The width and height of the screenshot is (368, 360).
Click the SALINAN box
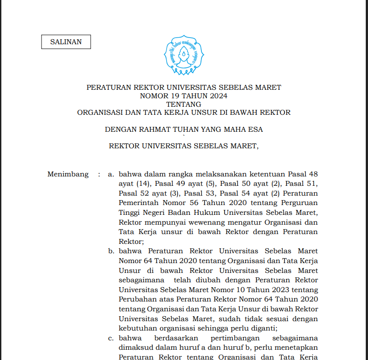(x=66, y=42)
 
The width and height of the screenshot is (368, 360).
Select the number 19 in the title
(x=176, y=96)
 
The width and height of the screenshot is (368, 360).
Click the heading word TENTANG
(x=184, y=104)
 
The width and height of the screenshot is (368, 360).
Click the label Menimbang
(x=68, y=174)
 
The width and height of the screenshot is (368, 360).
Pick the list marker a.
(x=110, y=174)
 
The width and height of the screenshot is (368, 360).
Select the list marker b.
(x=110, y=251)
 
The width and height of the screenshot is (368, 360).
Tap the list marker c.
(x=110, y=338)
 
